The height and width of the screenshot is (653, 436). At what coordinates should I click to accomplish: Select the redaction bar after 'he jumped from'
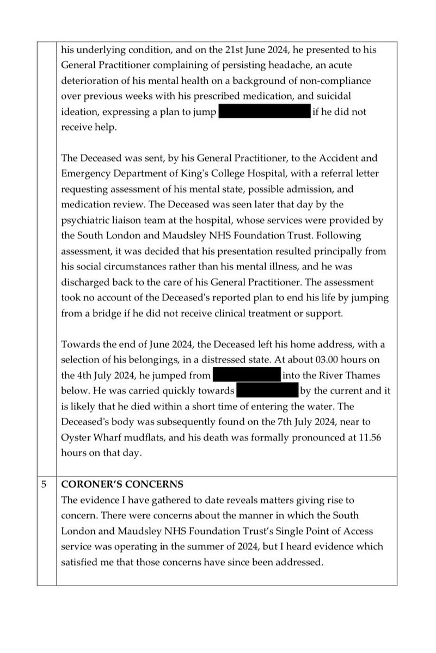coord(245,375)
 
